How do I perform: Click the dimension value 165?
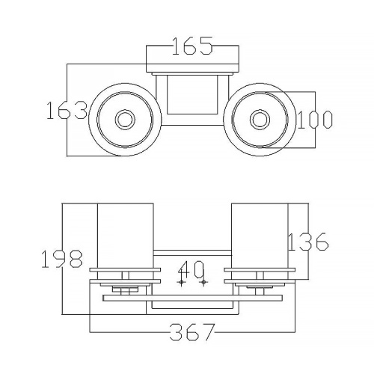(x=192, y=46)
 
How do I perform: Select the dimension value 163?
(x=67, y=110)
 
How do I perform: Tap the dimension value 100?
(x=315, y=120)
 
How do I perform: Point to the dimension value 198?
(x=62, y=259)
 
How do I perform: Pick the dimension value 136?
(x=308, y=242)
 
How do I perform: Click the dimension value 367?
(x=192, y=332)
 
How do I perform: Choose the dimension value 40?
(x=191, y=269)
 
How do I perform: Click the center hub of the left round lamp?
(x=125, y=120)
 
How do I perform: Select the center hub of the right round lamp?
(x=260, y=120)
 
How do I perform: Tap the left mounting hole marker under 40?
(x=181, y=282)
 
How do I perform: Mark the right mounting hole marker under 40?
(x=203, y=282)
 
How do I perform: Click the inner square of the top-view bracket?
(x=192, y=94)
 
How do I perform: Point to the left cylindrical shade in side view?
(x=125, y=242)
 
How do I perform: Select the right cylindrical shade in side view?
(x=260, y=242)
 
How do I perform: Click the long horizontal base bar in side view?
(x=192, y=298)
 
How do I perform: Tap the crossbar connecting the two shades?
(x=192, y=253)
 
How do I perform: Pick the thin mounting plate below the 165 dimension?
(x=192, y=73)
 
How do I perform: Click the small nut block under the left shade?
(x=125, y=289)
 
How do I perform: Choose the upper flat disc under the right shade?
(x=260, y=270)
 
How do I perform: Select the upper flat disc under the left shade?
(x=125, y=270)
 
